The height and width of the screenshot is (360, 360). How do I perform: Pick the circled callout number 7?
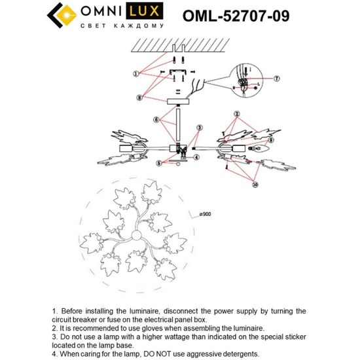(276, 78)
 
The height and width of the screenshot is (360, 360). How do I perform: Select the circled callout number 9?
(268, 139)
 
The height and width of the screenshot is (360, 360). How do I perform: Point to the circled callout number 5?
(158, 163)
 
